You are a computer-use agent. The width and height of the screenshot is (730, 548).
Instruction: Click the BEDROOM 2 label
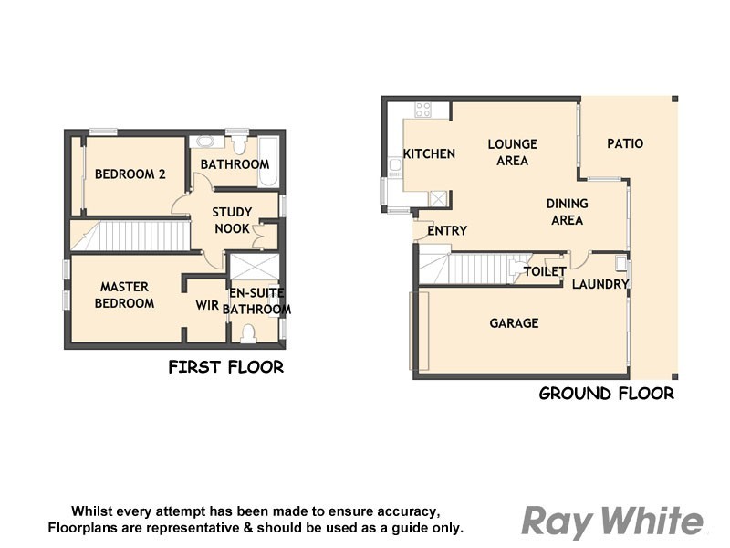(x=130, y=174)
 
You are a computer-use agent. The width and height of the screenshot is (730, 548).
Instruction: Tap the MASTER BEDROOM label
(x=125, y=295)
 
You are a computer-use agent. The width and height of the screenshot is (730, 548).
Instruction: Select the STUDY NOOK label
(x=232, y=220)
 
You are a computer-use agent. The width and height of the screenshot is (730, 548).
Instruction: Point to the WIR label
(x=207, y=306)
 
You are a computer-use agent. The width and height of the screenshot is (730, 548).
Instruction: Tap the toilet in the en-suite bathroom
(x=248, y=335)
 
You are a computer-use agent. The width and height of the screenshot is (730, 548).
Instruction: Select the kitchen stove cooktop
(x=423, y=110)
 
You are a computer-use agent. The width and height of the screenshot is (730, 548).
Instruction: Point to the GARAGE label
(x=514, y=323)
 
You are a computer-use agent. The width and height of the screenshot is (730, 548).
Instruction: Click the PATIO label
(x=625, y=143)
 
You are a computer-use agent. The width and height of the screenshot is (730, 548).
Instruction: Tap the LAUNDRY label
(x=600, y=284)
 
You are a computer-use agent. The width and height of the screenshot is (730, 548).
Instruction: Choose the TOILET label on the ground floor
(x=545, y=271)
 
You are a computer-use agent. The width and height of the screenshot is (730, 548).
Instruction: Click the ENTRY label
(x=447, y=231)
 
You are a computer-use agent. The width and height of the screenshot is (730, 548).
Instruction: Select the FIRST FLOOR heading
(x=225, y=367)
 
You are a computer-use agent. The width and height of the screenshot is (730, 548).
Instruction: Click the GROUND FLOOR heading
(x=606, y=394)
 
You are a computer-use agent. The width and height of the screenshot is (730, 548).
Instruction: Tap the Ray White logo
(x=612, y=522)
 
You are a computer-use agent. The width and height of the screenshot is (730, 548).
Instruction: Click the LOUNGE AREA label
(x=512, y=152)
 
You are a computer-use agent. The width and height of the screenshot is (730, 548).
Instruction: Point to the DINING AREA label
(x=567, y=211)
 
